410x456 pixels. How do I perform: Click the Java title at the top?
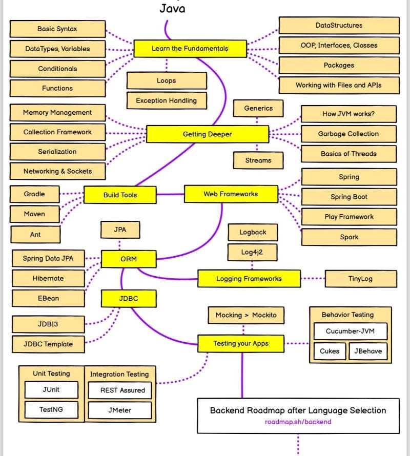click(172, 8)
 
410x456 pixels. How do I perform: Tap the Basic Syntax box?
click(57, 29)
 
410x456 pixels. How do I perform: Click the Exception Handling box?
click(166, 101)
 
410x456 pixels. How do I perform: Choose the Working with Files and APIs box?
click(338, 85)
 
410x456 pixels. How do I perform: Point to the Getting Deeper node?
click(207, 134)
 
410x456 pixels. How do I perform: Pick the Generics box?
click(258, 109)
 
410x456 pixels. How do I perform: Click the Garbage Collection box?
click(348, 134)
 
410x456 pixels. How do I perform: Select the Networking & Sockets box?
click(57, 171)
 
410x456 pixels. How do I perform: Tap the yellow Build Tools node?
click(120, 195)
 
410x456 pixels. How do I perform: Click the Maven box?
click(34, 214)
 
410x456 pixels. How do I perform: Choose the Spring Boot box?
click(348, 197)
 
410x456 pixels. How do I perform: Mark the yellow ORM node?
click(128, 259)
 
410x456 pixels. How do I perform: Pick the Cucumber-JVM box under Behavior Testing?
click(350, 331)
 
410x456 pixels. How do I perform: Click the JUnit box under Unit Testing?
click(51, 389)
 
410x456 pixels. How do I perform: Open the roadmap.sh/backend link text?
click(298, 422)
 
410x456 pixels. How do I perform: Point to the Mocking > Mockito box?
click(245, 315)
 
